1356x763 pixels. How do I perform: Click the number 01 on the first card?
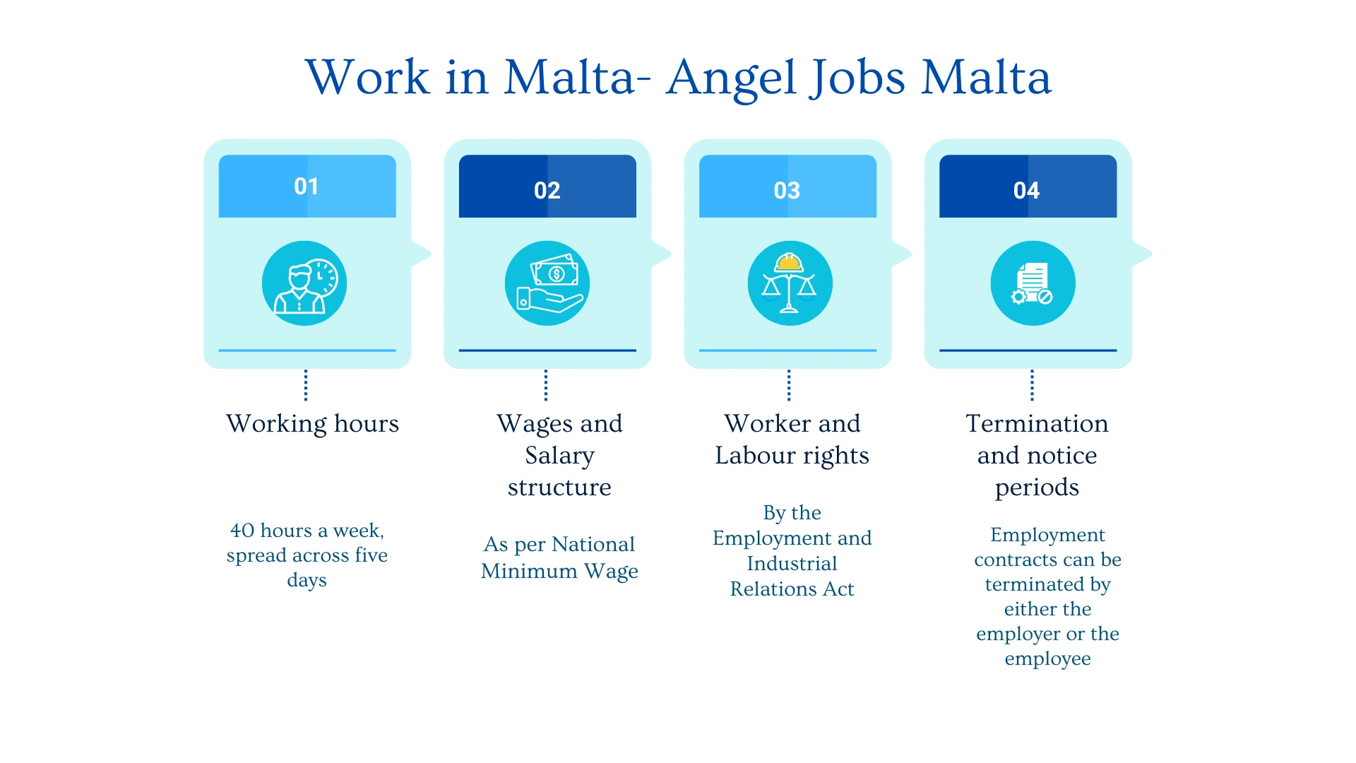point(307,187)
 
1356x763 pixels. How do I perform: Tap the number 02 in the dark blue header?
point(547,190)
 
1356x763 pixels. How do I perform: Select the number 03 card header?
point(787,186)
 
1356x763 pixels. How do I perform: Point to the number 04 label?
point(1026,190)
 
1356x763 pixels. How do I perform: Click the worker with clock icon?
point(304,283)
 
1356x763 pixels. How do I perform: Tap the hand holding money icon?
point(547,283)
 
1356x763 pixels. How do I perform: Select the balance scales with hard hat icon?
point(790,283)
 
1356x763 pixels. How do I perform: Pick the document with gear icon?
point(1033,283)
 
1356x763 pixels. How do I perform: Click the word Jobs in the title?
point(857,78)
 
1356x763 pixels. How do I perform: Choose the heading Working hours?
point(313,425)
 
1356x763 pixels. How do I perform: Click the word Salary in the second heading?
point(559,456)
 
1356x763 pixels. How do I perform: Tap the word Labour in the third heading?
point(756,456)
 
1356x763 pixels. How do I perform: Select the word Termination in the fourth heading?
point(1037,424)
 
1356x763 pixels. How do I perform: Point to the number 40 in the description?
point(242,531)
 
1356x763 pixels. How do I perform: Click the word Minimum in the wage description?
point(529,571)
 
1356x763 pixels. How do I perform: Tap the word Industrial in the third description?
point(792,564)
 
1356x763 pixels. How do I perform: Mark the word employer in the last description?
point(1018,634)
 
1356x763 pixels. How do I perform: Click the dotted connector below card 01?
point(306,385)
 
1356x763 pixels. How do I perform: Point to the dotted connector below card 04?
point(1032,385)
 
